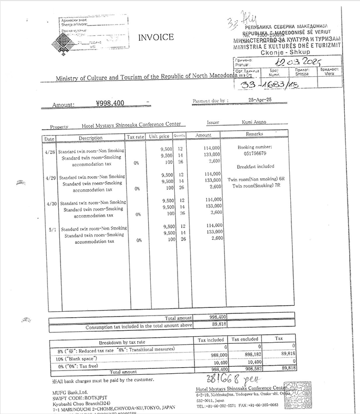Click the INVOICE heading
156,38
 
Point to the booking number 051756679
254,153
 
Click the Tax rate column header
135,137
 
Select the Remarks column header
255,134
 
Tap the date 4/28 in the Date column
50,152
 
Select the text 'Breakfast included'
255,166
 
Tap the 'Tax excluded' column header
245,339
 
